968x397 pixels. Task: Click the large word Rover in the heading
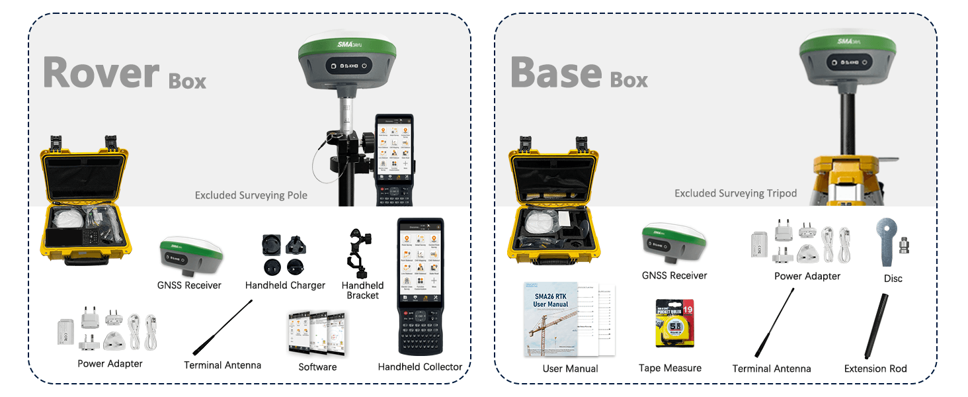tap(101, 72)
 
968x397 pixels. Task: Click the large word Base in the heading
tap(555, 72)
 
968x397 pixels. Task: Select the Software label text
tap(317, 367)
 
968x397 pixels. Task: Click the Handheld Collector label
tap(420, 367)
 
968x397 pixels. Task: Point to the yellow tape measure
tap(674, 324)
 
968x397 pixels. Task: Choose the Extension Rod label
tap(875, 369)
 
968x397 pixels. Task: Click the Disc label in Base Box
tap(893, 279)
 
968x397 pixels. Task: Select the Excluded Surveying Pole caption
tap(251, 195)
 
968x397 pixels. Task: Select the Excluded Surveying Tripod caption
tap(735, 193)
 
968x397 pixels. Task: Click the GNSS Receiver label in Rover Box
tap(189, 285)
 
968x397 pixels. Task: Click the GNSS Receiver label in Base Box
tap(674, 275)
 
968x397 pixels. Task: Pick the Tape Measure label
tap(670, 368)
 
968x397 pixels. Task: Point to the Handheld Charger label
tap(285, 285)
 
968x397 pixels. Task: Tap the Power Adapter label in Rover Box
tap(110, 363)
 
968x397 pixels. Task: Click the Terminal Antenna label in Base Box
tap(771, 369)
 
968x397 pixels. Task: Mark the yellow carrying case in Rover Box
tap(85, 198)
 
